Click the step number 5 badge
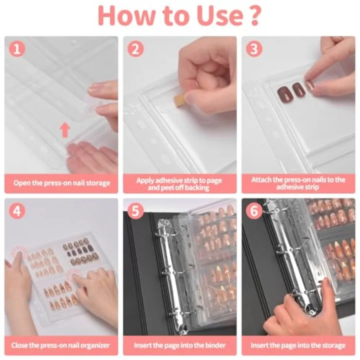(136, 211)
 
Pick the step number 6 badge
(254, 211)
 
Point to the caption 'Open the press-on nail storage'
(61, 183)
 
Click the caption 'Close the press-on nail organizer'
(61, 345)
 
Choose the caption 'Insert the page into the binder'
(180, 345)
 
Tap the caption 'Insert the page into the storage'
(298, 345)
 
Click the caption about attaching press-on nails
(298, 183)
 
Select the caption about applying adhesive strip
(180, 183)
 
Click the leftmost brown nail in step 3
(284, 92)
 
